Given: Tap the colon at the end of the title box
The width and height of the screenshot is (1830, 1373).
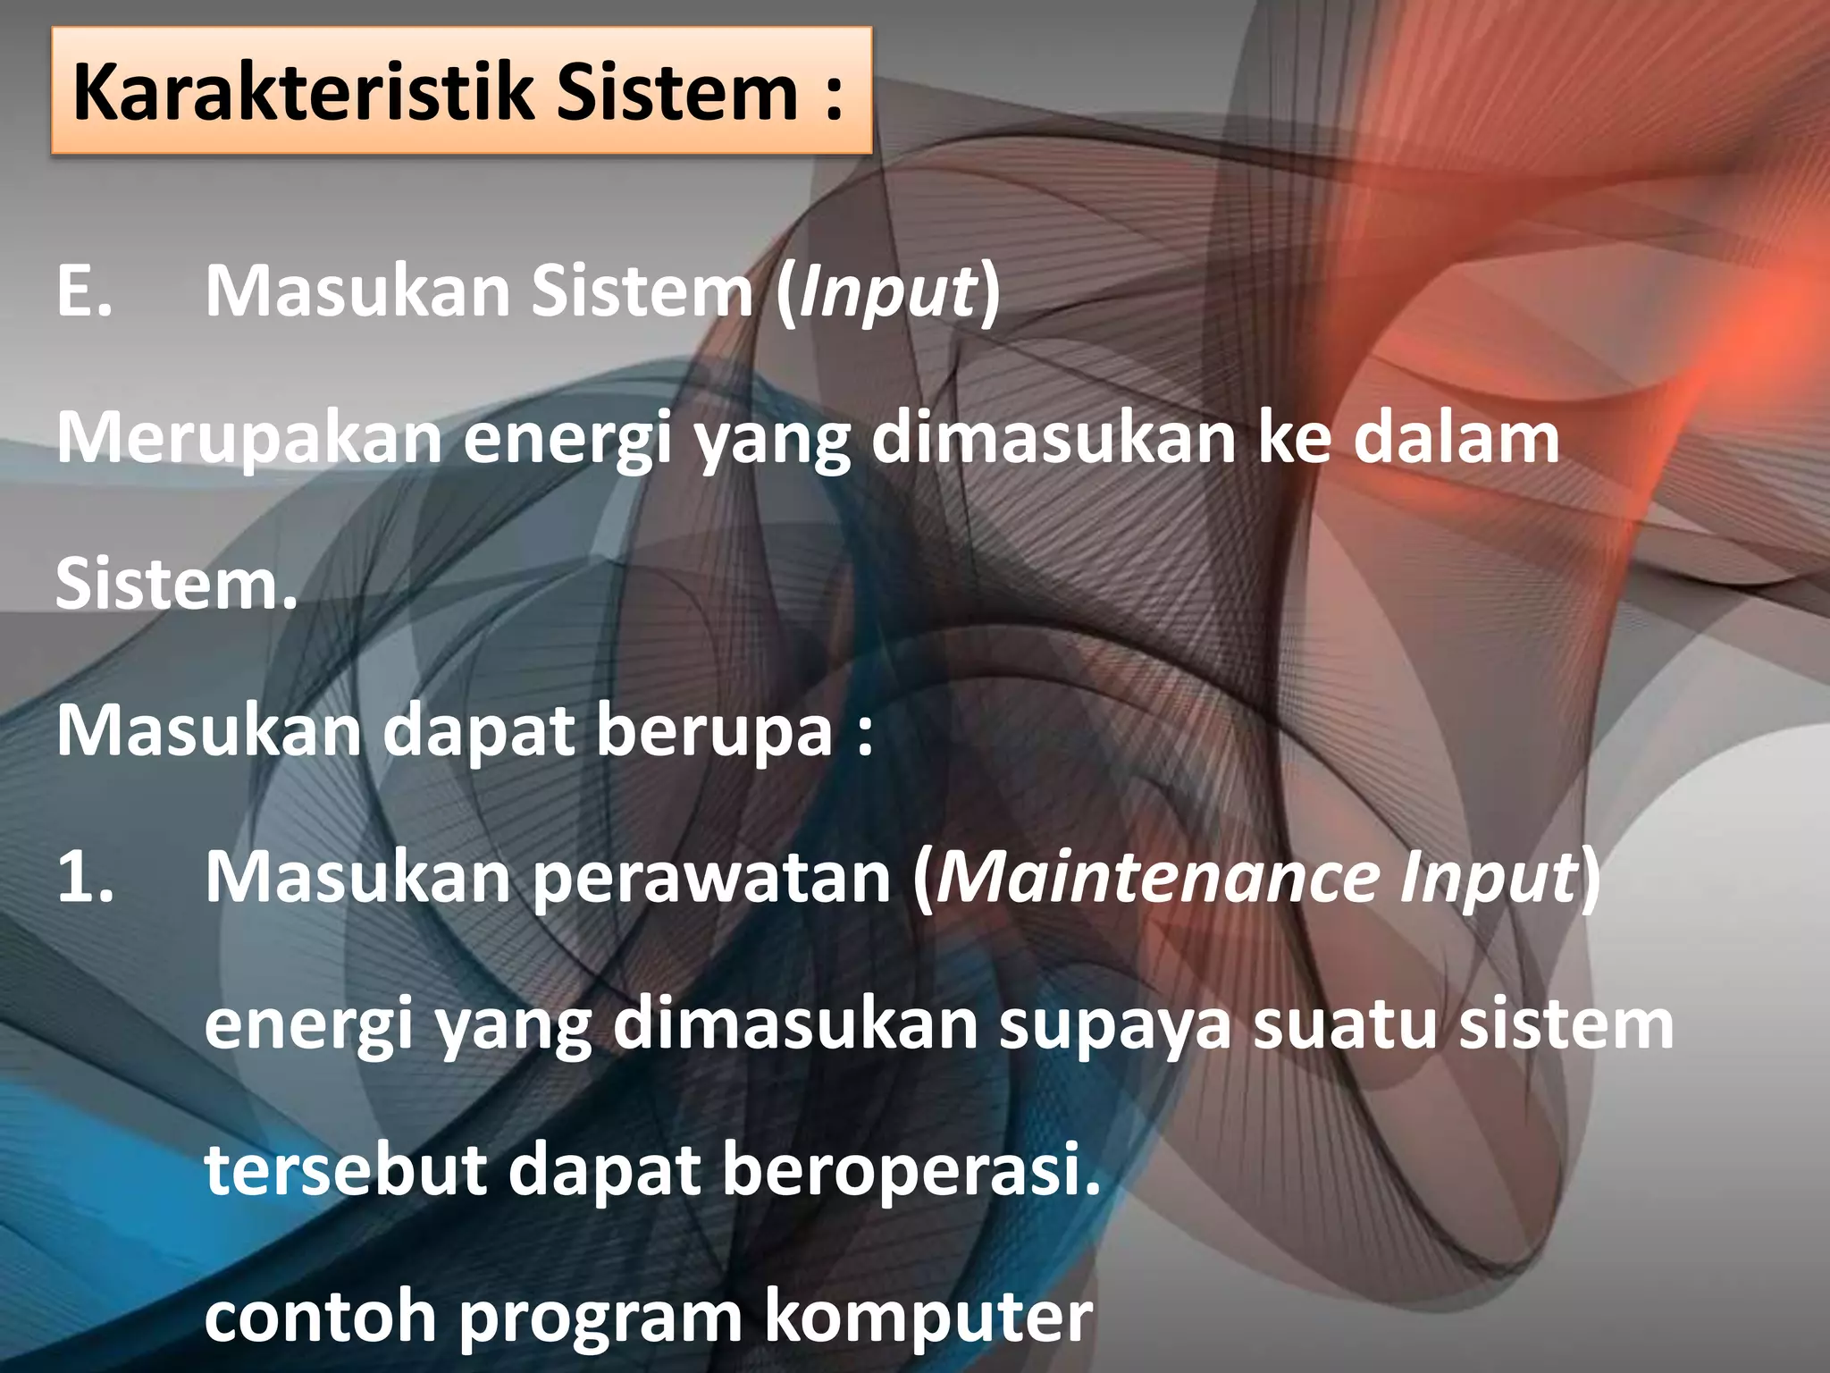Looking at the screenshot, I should point(834,96).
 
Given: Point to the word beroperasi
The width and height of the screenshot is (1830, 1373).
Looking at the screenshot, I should point(911,1172).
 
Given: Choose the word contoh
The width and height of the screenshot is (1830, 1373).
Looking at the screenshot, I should point(320,1317).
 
